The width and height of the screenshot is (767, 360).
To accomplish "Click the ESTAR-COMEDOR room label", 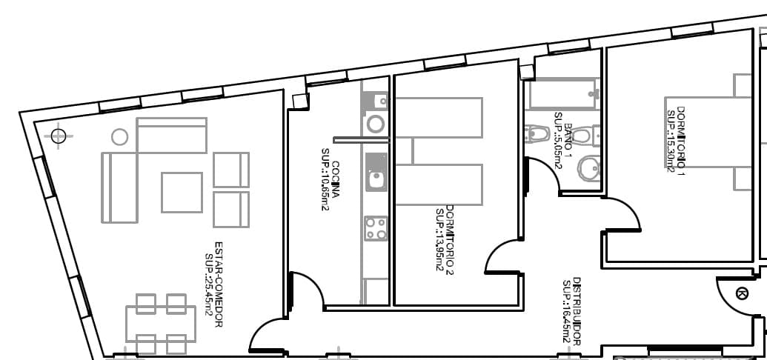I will (219, 284).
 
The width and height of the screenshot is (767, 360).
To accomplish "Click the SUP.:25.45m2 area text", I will (209, 284).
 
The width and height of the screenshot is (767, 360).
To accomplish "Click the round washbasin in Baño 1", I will (589, 169).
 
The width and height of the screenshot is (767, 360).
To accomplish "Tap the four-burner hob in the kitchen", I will (376, 227).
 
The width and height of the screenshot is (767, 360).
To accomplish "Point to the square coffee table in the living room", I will (182, 192).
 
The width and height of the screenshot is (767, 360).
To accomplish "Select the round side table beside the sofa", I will (119, 136).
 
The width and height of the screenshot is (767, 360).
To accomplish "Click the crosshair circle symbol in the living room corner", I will (58, 136).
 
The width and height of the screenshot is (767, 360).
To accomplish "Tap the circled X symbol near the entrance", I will (742, 293).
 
